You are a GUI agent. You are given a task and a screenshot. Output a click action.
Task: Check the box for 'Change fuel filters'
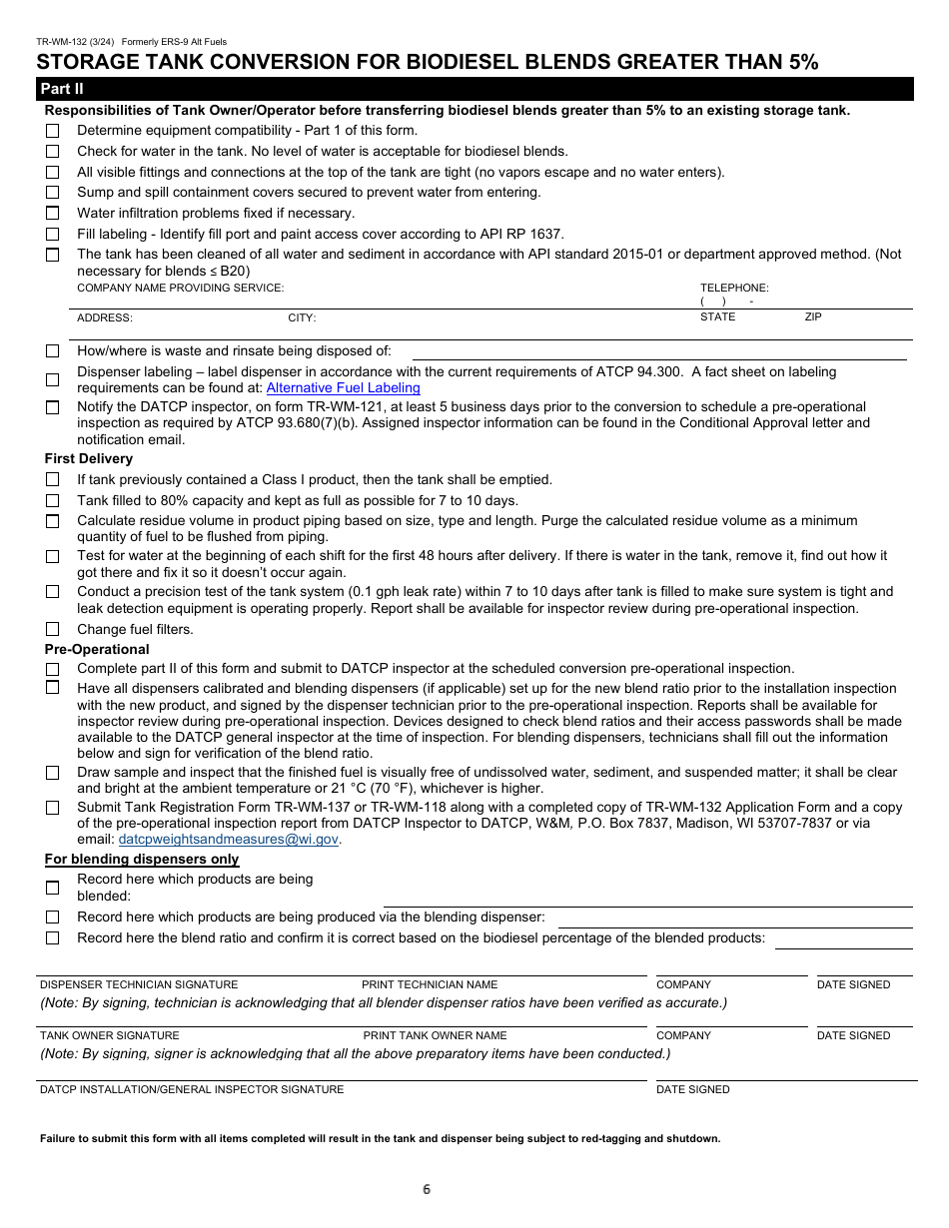52,629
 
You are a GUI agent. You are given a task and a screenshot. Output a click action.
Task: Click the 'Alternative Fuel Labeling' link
343,387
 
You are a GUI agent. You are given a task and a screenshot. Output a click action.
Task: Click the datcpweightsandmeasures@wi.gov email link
228,840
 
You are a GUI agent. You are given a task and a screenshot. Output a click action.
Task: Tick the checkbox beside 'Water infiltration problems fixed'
52,214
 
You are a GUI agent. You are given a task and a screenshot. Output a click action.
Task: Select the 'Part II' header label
61,90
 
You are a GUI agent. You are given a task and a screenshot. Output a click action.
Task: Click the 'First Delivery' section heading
88,459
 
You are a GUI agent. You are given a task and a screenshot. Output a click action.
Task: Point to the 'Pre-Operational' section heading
96,649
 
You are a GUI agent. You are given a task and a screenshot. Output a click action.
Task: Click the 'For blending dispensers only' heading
141,860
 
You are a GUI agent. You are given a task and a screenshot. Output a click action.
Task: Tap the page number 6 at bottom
427,1189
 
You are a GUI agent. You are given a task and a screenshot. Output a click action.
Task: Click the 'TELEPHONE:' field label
734,288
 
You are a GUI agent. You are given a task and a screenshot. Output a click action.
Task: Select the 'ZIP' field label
813,316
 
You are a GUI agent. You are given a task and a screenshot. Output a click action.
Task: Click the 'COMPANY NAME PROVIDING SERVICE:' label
180,288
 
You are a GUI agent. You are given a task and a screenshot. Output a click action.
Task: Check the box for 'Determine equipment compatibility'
52,131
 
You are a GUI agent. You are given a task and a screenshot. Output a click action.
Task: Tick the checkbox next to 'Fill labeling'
52,235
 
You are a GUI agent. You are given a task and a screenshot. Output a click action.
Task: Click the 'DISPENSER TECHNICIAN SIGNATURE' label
138,984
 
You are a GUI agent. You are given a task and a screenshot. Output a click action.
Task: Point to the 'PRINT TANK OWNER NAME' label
435,1035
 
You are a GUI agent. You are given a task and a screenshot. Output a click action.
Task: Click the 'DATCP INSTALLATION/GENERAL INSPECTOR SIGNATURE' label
191,1089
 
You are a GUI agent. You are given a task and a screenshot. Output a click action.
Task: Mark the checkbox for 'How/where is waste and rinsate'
52,351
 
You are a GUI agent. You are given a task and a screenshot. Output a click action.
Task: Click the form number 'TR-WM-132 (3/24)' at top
76,42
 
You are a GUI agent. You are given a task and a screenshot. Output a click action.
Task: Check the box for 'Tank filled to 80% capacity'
52,500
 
